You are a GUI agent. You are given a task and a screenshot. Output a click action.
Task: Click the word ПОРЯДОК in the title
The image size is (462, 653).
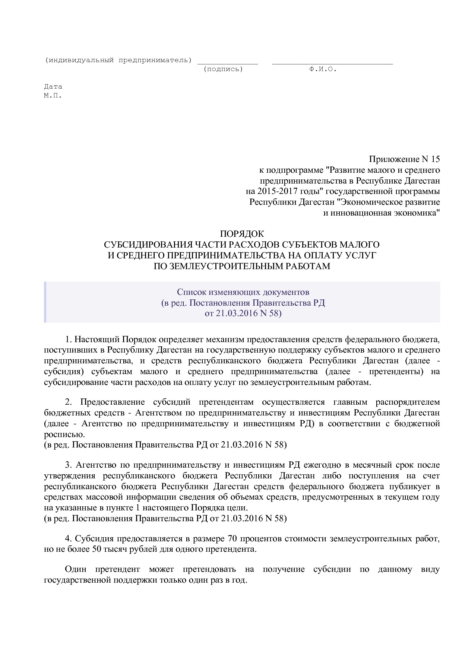(242, 234)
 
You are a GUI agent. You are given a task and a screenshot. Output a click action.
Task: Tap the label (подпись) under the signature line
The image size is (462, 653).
(223, 69)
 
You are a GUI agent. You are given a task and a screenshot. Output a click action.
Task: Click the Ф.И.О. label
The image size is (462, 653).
(323, 69)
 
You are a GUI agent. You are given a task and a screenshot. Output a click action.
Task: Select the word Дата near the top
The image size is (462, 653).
(53, 87)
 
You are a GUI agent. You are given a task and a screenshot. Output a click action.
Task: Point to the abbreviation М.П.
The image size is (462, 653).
(53, 95)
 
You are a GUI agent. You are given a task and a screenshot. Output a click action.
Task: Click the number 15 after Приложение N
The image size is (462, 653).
(435, 159)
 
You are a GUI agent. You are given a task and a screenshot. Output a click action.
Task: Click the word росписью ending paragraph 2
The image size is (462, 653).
(64, 434)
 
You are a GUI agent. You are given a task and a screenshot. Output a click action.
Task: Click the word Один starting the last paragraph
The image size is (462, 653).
(76, 569)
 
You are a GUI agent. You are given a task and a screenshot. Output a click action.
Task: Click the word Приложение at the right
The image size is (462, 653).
(394, 159)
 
